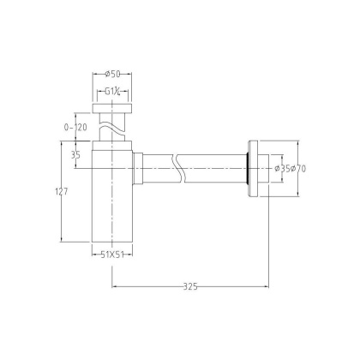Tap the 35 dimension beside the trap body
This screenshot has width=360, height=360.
pos(76,155)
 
